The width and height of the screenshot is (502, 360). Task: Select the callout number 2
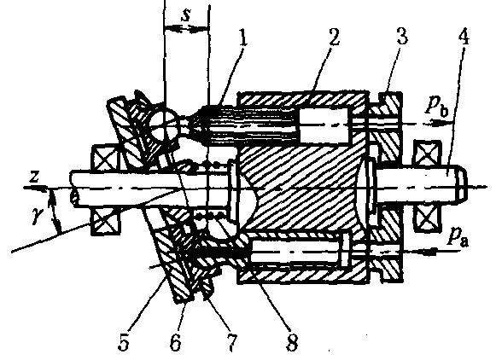tap(333, 38)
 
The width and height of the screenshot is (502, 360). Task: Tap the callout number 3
tap(401, 37)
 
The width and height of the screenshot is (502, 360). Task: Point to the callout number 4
tap(464, 37)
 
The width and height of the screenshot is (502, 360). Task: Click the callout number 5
tap(124, 342)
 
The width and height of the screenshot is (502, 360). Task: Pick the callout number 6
tap(175, 342)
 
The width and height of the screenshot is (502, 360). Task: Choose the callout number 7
tap(232, 342)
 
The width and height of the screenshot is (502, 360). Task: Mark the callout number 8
tap(291, 342)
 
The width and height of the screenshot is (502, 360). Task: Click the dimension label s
tap(186, 15)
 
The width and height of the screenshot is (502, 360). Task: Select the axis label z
tap(34, 177)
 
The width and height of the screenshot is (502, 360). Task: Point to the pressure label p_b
tap(437, 107)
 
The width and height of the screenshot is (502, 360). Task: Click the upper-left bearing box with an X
tap(104, 158)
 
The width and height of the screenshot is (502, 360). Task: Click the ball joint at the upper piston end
tap(164, 123)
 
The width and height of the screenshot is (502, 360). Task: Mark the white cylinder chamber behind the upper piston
tap(324, 125)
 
